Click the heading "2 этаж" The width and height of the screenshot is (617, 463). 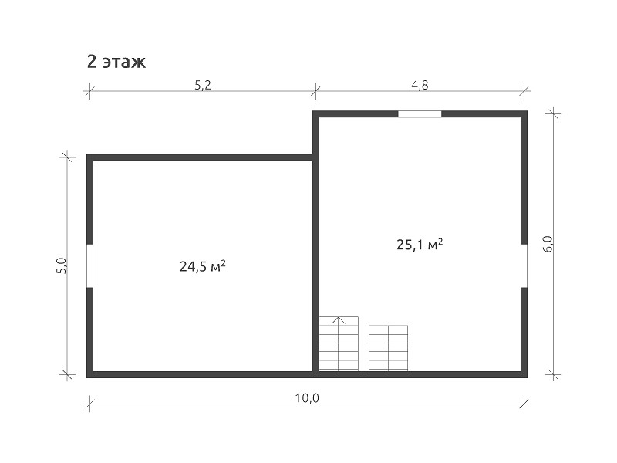tap(116, 62)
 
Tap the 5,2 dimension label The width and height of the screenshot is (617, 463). tap(203, 85)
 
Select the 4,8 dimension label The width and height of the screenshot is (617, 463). tap(420, 85)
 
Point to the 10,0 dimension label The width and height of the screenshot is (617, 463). tap(307, 398)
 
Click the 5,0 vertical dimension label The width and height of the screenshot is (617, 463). tap(62, 265)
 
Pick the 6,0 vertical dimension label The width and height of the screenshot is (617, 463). tap(548, 244)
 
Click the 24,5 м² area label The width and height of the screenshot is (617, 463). tap(203, 266)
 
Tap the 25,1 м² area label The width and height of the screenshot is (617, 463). tap(420, 244)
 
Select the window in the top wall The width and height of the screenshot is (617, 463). tap(420, 114)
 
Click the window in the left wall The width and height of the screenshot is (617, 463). tap(89, 265)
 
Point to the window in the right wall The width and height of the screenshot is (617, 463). tap(524, 265)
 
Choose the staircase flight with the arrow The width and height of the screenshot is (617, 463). tap(339, 343)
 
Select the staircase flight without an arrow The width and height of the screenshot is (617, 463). tap(389, 348)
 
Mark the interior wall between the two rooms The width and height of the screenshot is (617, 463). tap(315, 244)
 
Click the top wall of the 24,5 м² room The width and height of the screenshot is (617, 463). tap(200, 157)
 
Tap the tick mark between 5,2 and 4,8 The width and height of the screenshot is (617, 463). tap(315, 91)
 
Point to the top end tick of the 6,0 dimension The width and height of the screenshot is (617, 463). tap(553, 113)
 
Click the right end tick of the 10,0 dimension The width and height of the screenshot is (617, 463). tap(524, 404)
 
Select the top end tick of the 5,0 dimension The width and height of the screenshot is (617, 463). tap(67, 157)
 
